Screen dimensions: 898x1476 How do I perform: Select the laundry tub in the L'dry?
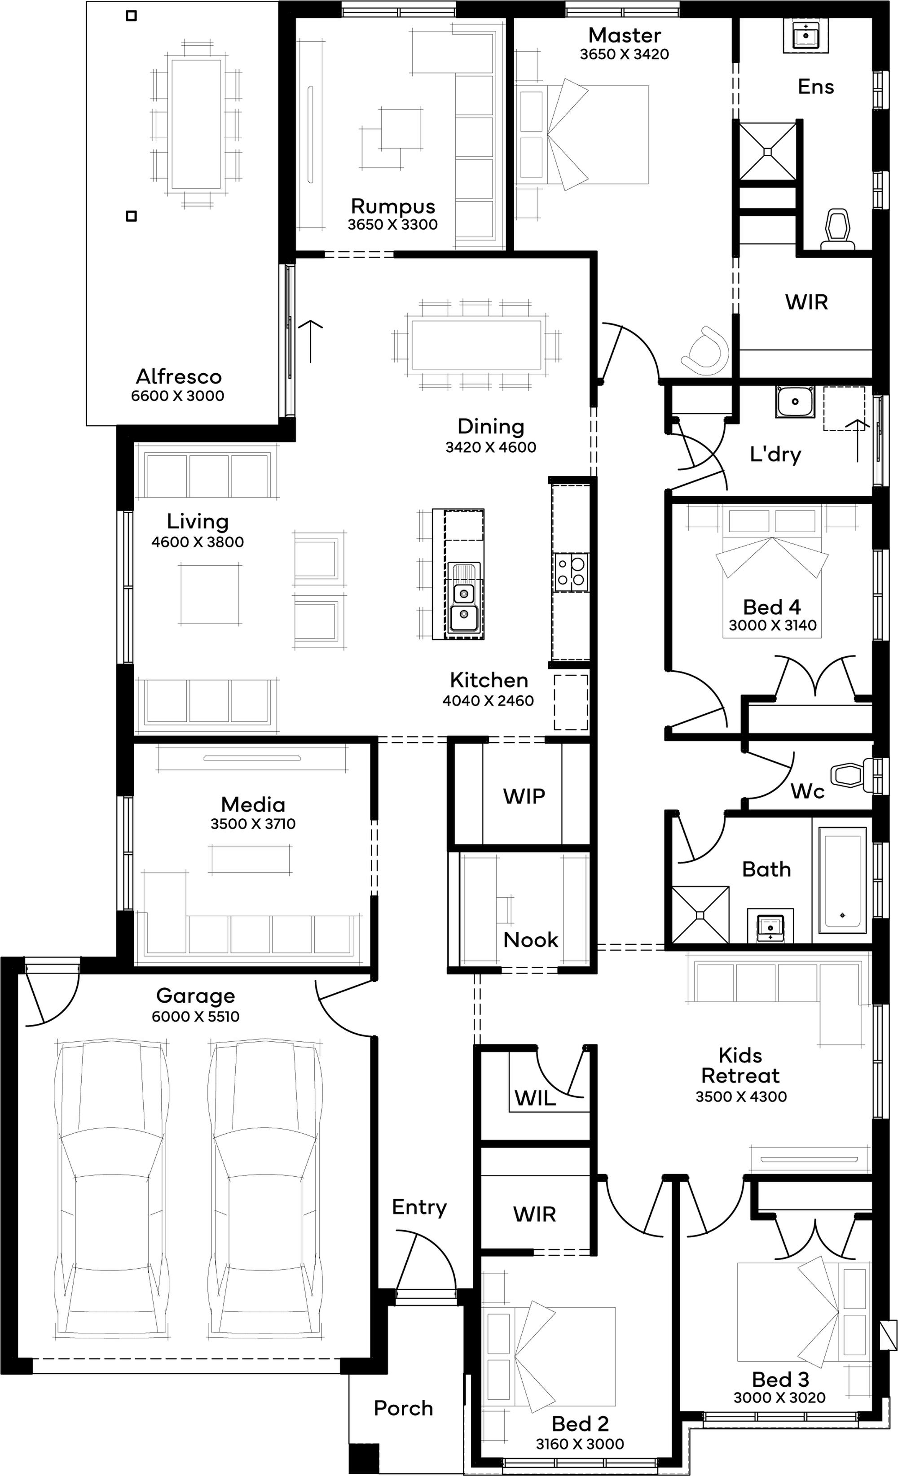tap(795, 402)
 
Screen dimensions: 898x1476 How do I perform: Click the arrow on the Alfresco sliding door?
tap(311, 341)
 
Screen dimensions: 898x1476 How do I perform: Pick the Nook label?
tap(531, 939)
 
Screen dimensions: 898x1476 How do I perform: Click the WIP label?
tap(524, 796)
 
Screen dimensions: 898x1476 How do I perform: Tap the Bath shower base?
tap(700, 915)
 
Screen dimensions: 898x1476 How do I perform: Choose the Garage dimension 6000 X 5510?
tap(195, 1017)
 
